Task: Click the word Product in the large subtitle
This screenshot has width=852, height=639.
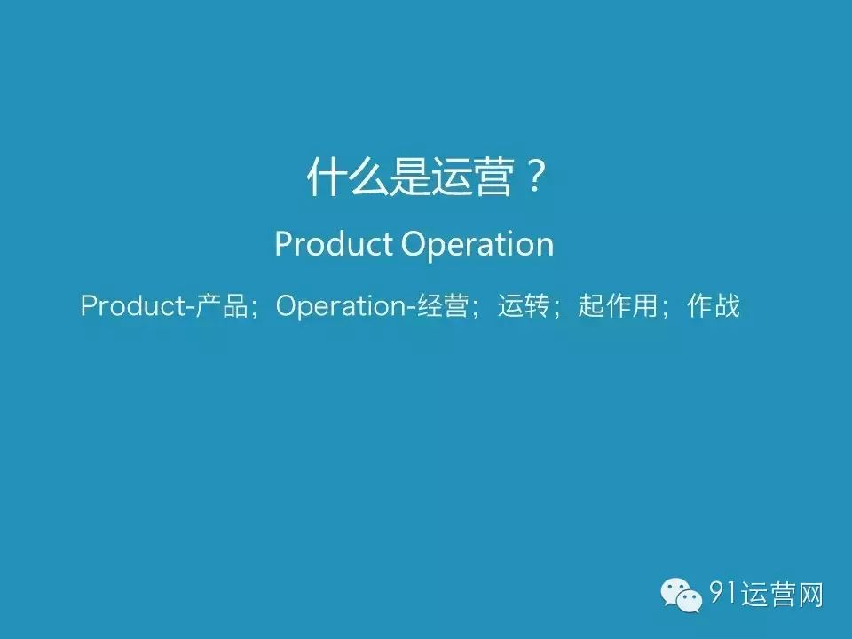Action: tap(334, 244)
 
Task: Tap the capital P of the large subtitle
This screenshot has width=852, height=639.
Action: tap(283, 244)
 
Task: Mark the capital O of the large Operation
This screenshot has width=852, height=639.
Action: tap(413, 244)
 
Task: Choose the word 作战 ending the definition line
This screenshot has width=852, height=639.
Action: tap(714, 307)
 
